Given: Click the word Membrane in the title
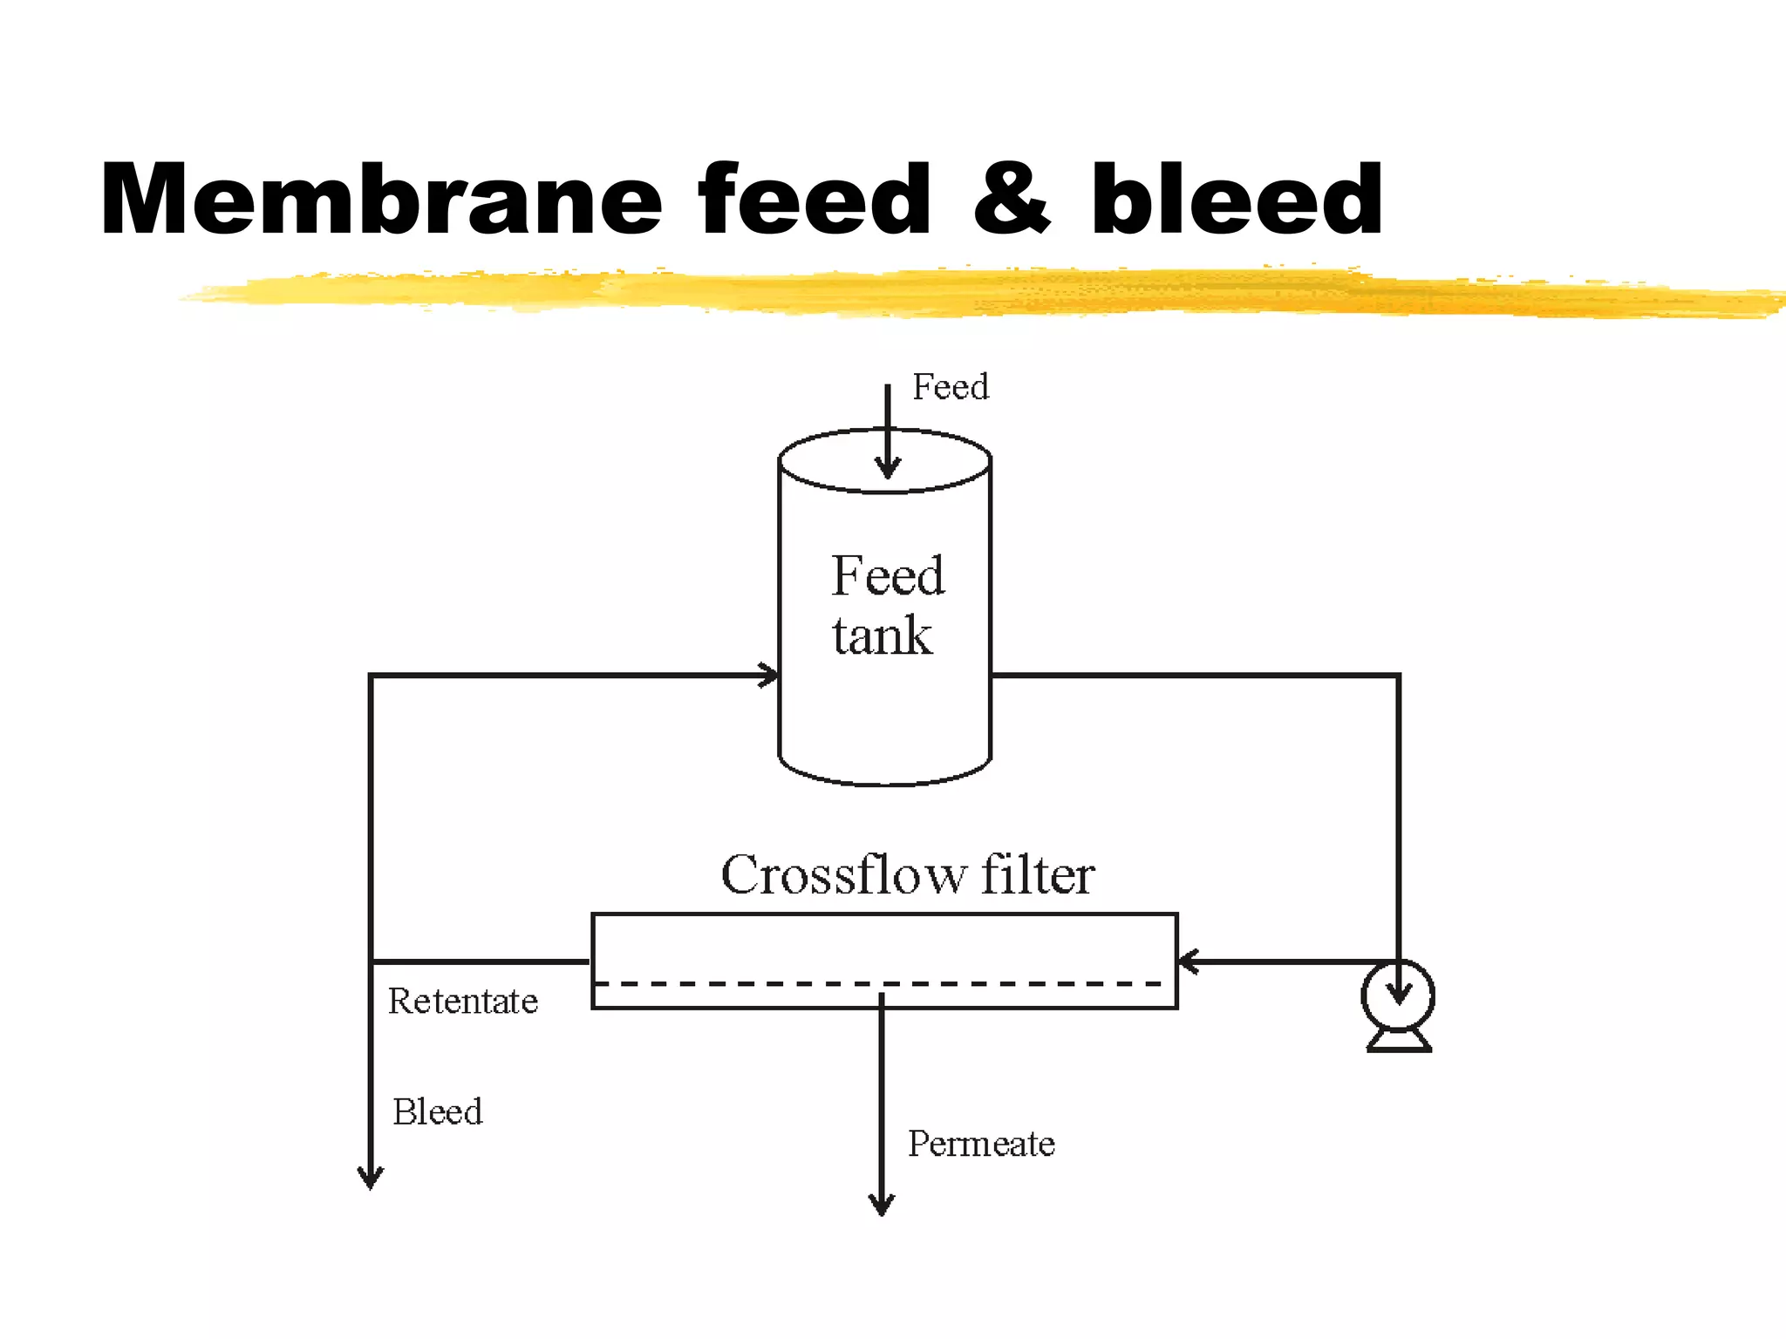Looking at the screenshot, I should (x=381, y=200).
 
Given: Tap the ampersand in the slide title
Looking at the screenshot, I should (x=1012, y=200).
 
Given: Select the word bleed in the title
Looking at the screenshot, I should (x=1236, y=200).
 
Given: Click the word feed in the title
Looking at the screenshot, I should (x=815, y=200).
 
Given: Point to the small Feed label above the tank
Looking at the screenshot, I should (x=951, y=386).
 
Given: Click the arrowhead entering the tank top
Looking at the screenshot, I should (x=888, y=467).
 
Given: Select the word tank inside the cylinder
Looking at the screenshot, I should (x=882, y=635).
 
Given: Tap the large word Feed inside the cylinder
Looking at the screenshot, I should (x=888, y=575).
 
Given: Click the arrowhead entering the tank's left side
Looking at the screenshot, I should (x=767, y=675).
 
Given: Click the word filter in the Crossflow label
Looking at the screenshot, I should (x=1038, y=874).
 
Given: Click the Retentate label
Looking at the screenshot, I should (x=463, y=1001).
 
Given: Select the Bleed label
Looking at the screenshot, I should (x=437, y=1111).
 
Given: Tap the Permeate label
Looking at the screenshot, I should (x=981, y=1144).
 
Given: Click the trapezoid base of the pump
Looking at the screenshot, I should (x=1399, y=1041).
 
